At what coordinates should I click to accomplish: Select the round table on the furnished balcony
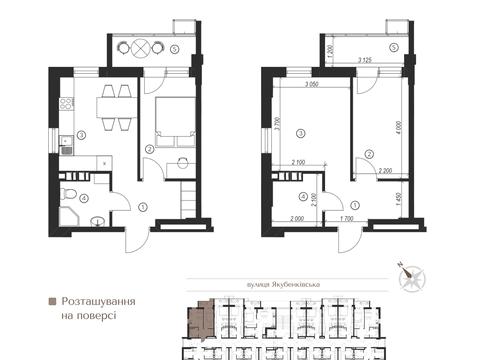(x=142, y=47)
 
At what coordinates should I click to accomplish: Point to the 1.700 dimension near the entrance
(x=346, y=217)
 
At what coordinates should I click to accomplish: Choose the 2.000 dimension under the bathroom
(x=297, y=217)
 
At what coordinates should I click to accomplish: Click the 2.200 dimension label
(x=385, y=171)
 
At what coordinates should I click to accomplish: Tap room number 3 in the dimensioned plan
(x=300, y=133)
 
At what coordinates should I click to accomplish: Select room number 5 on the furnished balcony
(x=174, y=48)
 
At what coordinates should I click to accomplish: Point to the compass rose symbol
(x=411, y=280)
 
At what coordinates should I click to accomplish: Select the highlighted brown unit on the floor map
(x=200, y=319)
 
